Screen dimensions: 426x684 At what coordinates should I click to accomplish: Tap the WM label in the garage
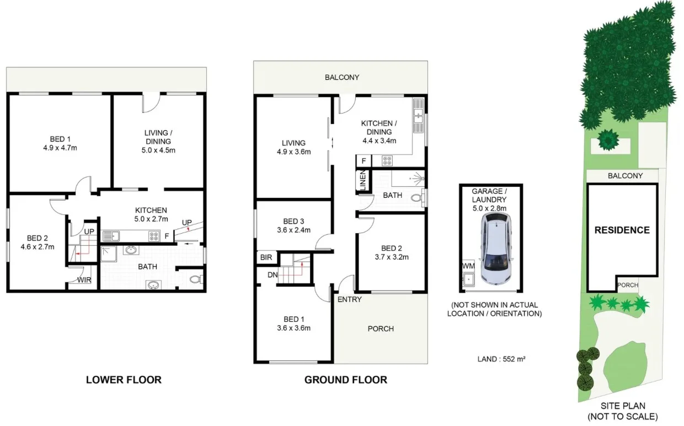(x=468, y=266)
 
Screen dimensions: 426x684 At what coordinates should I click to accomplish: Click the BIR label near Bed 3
(x=265, y=257)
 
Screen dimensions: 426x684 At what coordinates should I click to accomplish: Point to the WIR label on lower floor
(x=84, y=280)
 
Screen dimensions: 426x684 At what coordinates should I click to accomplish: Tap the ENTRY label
(x=349, y=299)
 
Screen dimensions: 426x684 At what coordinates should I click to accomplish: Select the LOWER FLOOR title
(x=124, y=380)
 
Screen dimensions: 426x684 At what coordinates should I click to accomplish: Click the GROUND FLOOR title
(x=345, y=380)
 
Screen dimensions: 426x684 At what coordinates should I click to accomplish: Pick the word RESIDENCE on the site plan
(x=622, y=230)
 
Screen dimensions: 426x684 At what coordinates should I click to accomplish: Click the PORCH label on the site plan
(x=628, y=285)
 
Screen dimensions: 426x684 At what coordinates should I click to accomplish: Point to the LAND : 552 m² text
(x=501, y=359)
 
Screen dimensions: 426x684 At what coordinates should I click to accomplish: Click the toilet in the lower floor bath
(x=195, y=280)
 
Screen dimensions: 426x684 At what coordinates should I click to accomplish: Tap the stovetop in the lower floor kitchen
(x=154, y=236)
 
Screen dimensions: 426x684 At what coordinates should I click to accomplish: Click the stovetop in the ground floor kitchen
(x=387, y=161)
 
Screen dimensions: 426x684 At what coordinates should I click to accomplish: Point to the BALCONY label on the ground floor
(x=341, y=78)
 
